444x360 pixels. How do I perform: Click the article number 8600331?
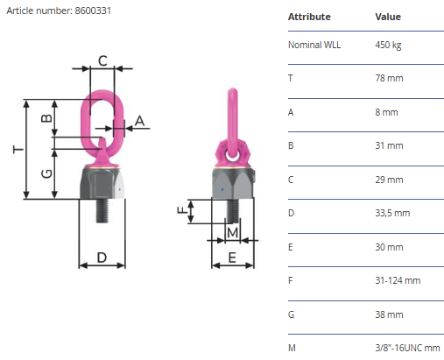93,11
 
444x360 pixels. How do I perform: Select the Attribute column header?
309,17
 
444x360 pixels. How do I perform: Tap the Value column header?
388,17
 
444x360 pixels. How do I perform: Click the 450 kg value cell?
388,46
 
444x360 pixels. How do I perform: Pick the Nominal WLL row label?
314,45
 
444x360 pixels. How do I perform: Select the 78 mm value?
389,78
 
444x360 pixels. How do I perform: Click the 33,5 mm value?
392,213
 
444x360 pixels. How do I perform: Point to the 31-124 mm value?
398,280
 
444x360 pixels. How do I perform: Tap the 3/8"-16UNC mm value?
407,348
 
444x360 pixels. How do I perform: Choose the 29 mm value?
389,180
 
